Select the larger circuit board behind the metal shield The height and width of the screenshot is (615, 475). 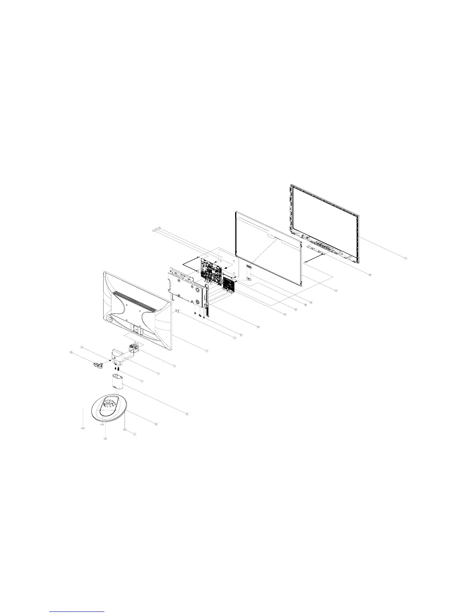(211, 268)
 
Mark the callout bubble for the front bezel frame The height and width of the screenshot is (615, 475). (406, 258)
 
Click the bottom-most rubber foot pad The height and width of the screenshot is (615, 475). (105, 438)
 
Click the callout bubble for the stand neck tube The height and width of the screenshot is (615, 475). (187, 414)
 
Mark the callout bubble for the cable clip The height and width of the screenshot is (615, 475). (71, 352)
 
